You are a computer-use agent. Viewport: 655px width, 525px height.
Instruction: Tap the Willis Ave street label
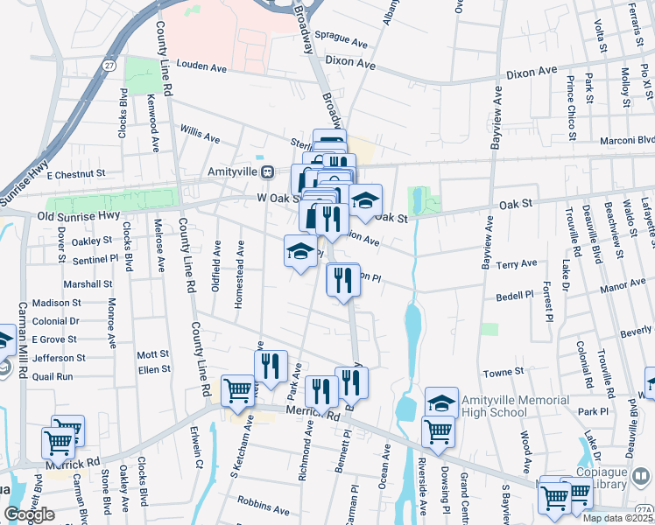click(x=200, y=136)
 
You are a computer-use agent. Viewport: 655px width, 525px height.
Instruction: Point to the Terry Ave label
click(x=516, y=263)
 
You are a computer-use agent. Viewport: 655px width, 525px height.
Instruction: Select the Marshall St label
click(x=88, y=283)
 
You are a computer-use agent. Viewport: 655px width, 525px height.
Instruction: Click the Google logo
click(x=29, y=514)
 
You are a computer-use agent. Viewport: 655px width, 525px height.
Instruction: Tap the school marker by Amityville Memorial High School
click(x=442, y=402)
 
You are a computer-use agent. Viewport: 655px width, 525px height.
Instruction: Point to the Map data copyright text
click(x=617, y=518)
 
